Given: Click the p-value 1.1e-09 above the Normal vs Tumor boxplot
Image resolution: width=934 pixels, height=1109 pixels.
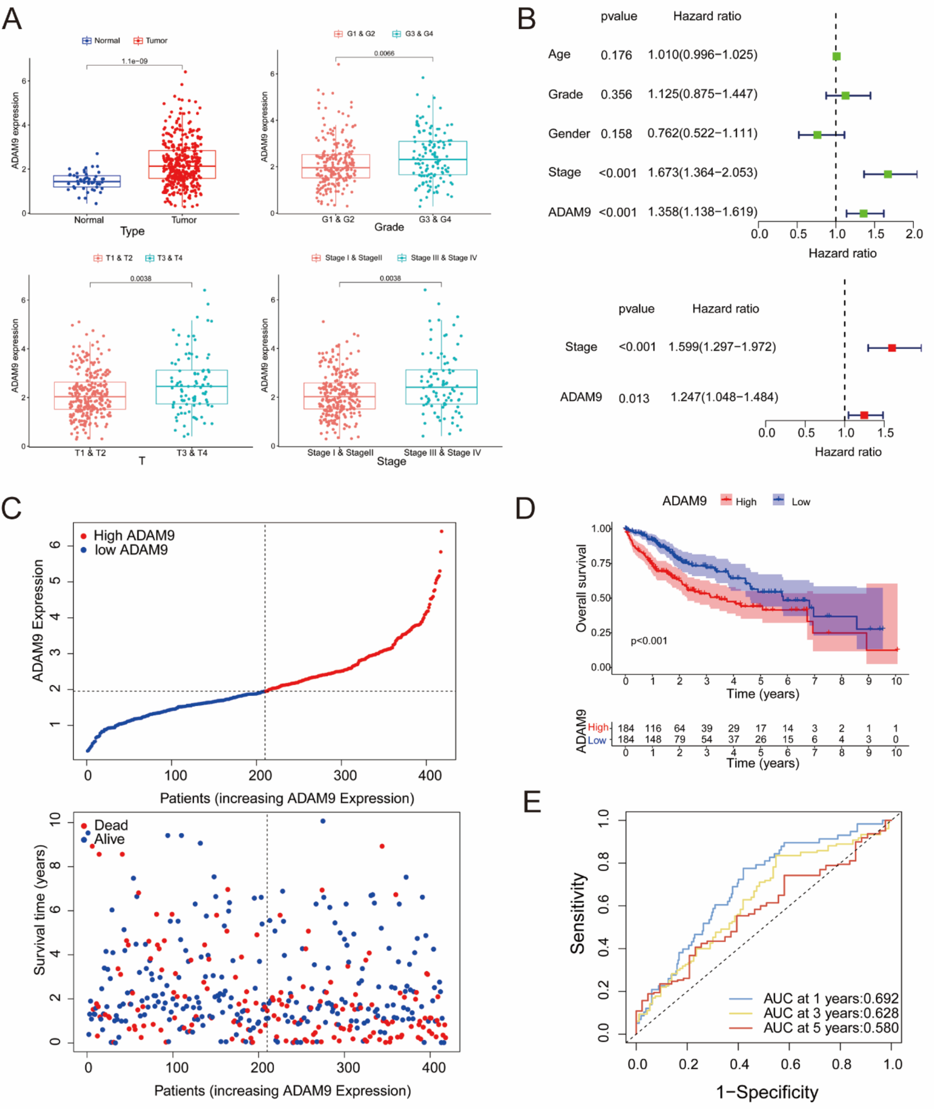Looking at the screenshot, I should coord(135,61).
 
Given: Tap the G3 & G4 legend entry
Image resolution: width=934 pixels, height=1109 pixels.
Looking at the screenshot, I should coord(413,34).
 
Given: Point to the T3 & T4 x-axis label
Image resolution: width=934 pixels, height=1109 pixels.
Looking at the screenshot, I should coord(191,452).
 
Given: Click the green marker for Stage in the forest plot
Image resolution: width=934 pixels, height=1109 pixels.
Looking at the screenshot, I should coord(888,174).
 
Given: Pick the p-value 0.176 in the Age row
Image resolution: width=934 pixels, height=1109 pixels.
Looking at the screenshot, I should coord(616,55).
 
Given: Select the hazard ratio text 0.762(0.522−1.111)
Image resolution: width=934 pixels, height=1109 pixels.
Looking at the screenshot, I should coord(702,133).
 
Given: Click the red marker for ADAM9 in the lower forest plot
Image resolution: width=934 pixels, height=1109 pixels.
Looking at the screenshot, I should coord(864,415).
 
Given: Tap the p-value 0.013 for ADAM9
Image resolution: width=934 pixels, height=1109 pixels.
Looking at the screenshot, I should coord(634,398).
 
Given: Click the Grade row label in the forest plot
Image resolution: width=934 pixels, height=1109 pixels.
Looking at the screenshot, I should coord(566,94).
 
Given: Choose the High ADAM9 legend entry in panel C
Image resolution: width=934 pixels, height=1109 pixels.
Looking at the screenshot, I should coord(127,535).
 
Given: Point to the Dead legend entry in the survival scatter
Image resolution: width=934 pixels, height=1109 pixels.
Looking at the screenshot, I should coord(105,825).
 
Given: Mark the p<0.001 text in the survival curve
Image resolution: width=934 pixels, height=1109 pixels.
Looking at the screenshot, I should coord(649,641).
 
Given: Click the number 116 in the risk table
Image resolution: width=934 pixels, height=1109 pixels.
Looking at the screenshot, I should coord(653,728).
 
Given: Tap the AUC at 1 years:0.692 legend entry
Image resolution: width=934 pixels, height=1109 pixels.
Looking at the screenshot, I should coord(815,998).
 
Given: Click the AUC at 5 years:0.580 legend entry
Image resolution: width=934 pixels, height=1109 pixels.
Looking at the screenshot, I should coord(815,1028).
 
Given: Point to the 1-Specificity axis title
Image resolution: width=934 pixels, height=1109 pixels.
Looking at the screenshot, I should coord(767,1092).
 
